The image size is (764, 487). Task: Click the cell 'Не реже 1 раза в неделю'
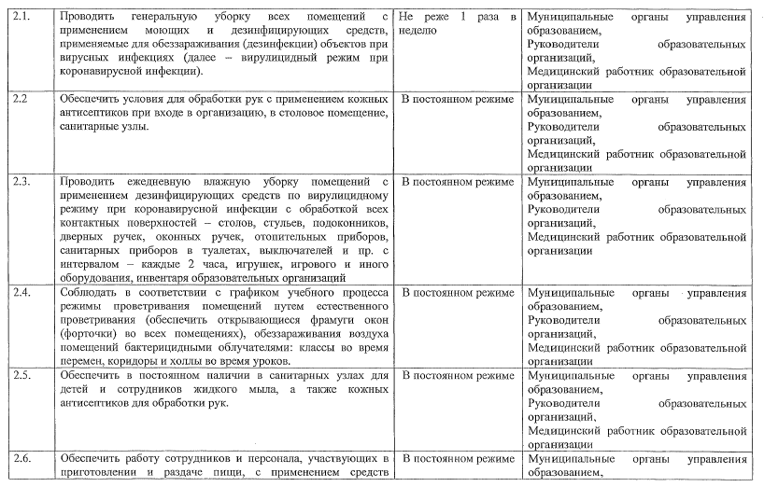[457, 23]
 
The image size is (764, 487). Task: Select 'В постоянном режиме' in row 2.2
[456, 98]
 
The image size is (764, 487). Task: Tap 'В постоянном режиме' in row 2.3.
[456, 179]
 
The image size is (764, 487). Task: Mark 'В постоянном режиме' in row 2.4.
[456, 293]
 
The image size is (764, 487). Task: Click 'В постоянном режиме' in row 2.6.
[456, 459]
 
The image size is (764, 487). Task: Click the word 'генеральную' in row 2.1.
[158, 17]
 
